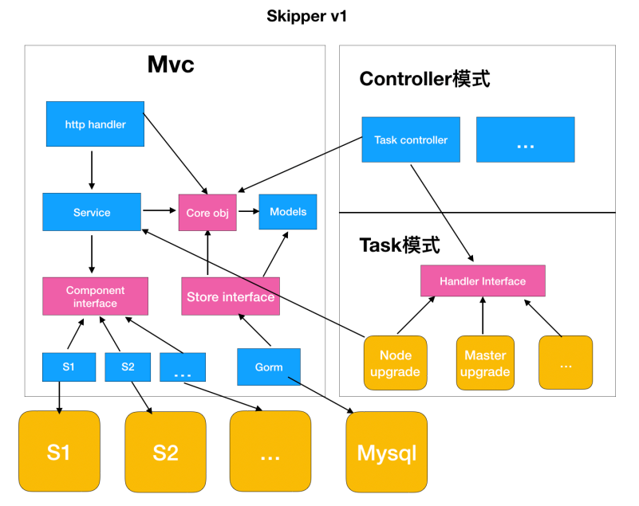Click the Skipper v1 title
click(307, 17)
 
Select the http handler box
click(95, 124)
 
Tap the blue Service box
click(92, 212)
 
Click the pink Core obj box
click(207, 213)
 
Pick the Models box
click(287, 212)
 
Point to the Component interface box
click(95, 296)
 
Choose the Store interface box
click(231, 296)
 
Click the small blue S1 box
click(68, 367)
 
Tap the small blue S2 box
click(128, 367)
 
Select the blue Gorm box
click(268, 367)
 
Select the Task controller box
click(411, 140)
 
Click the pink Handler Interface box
click(483, 281)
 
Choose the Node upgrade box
click(395, 363)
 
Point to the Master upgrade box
click(485, 363)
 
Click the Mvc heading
click(171, 65)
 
